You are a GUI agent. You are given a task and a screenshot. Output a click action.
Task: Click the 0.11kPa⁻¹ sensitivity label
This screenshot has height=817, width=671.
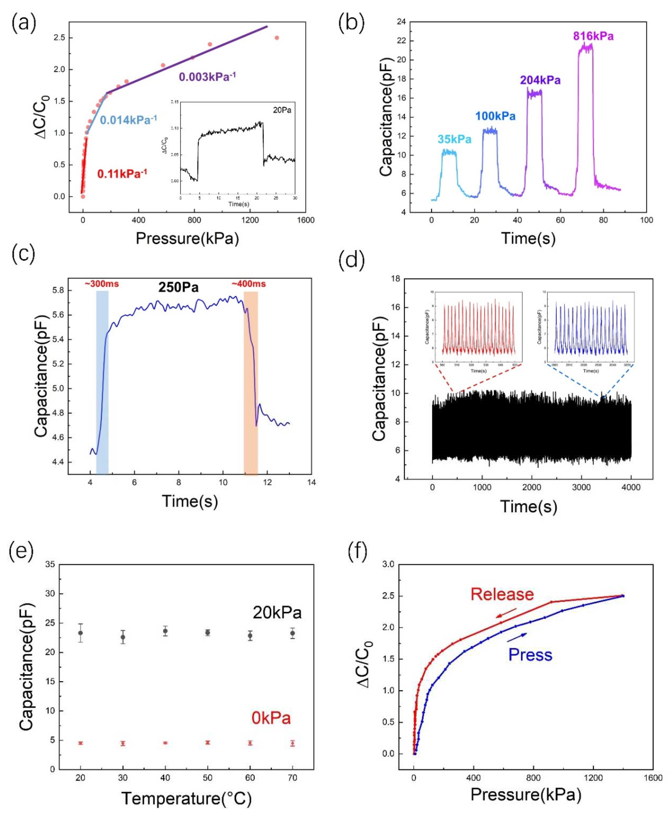click(x=122, y=174)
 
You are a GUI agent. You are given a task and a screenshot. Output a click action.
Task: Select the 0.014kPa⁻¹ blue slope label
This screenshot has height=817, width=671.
click(x=128, y=120)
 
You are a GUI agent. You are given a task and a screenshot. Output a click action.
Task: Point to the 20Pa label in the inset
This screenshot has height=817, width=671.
click(x=282, y=110)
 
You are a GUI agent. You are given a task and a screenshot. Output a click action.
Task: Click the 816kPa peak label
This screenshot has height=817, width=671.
click(x=593, y=36)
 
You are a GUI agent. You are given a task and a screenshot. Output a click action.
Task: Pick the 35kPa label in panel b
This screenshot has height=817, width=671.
click(x=455, y=139)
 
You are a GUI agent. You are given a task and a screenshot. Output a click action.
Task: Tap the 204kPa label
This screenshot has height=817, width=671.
click(x=540, y=80)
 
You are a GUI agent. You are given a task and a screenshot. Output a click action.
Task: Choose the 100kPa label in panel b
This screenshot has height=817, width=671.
click(x=495, y=116)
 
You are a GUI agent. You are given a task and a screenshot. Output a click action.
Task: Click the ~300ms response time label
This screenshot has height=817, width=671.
click(x=102, y=284)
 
